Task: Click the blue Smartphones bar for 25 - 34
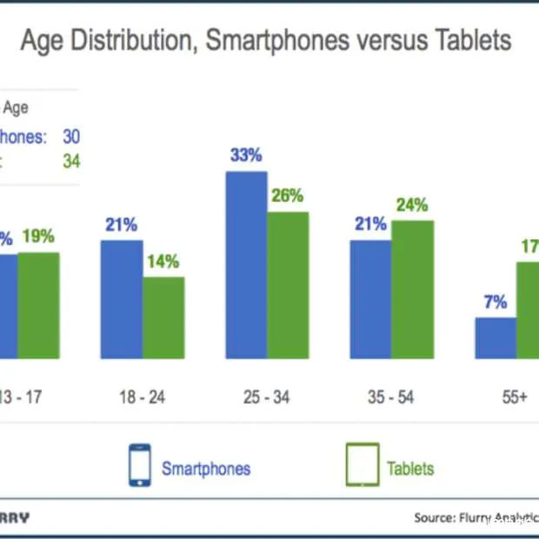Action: click(x=246, y=264)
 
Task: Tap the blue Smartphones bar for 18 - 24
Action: click(x=122, y=299)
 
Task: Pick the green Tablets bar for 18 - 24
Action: click(x=163, y=317)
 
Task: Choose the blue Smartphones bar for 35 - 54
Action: click(x=370, y=299)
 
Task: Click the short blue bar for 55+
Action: click(x=496, y=337)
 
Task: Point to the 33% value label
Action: click(x=246, y=156)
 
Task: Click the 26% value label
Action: click(x=288, y=196)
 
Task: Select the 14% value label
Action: click(x=163, y=261)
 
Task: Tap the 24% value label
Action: click(x=412, y=205)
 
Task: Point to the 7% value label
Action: click(x=496, y=302)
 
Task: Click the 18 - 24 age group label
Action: click(x=142, y=397)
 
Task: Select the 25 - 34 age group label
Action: click(x=267, y=397)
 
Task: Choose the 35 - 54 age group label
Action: click(x=391, y=397)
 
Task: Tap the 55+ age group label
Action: click(x=515, y=397)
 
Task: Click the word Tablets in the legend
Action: click(x=410, y=469)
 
